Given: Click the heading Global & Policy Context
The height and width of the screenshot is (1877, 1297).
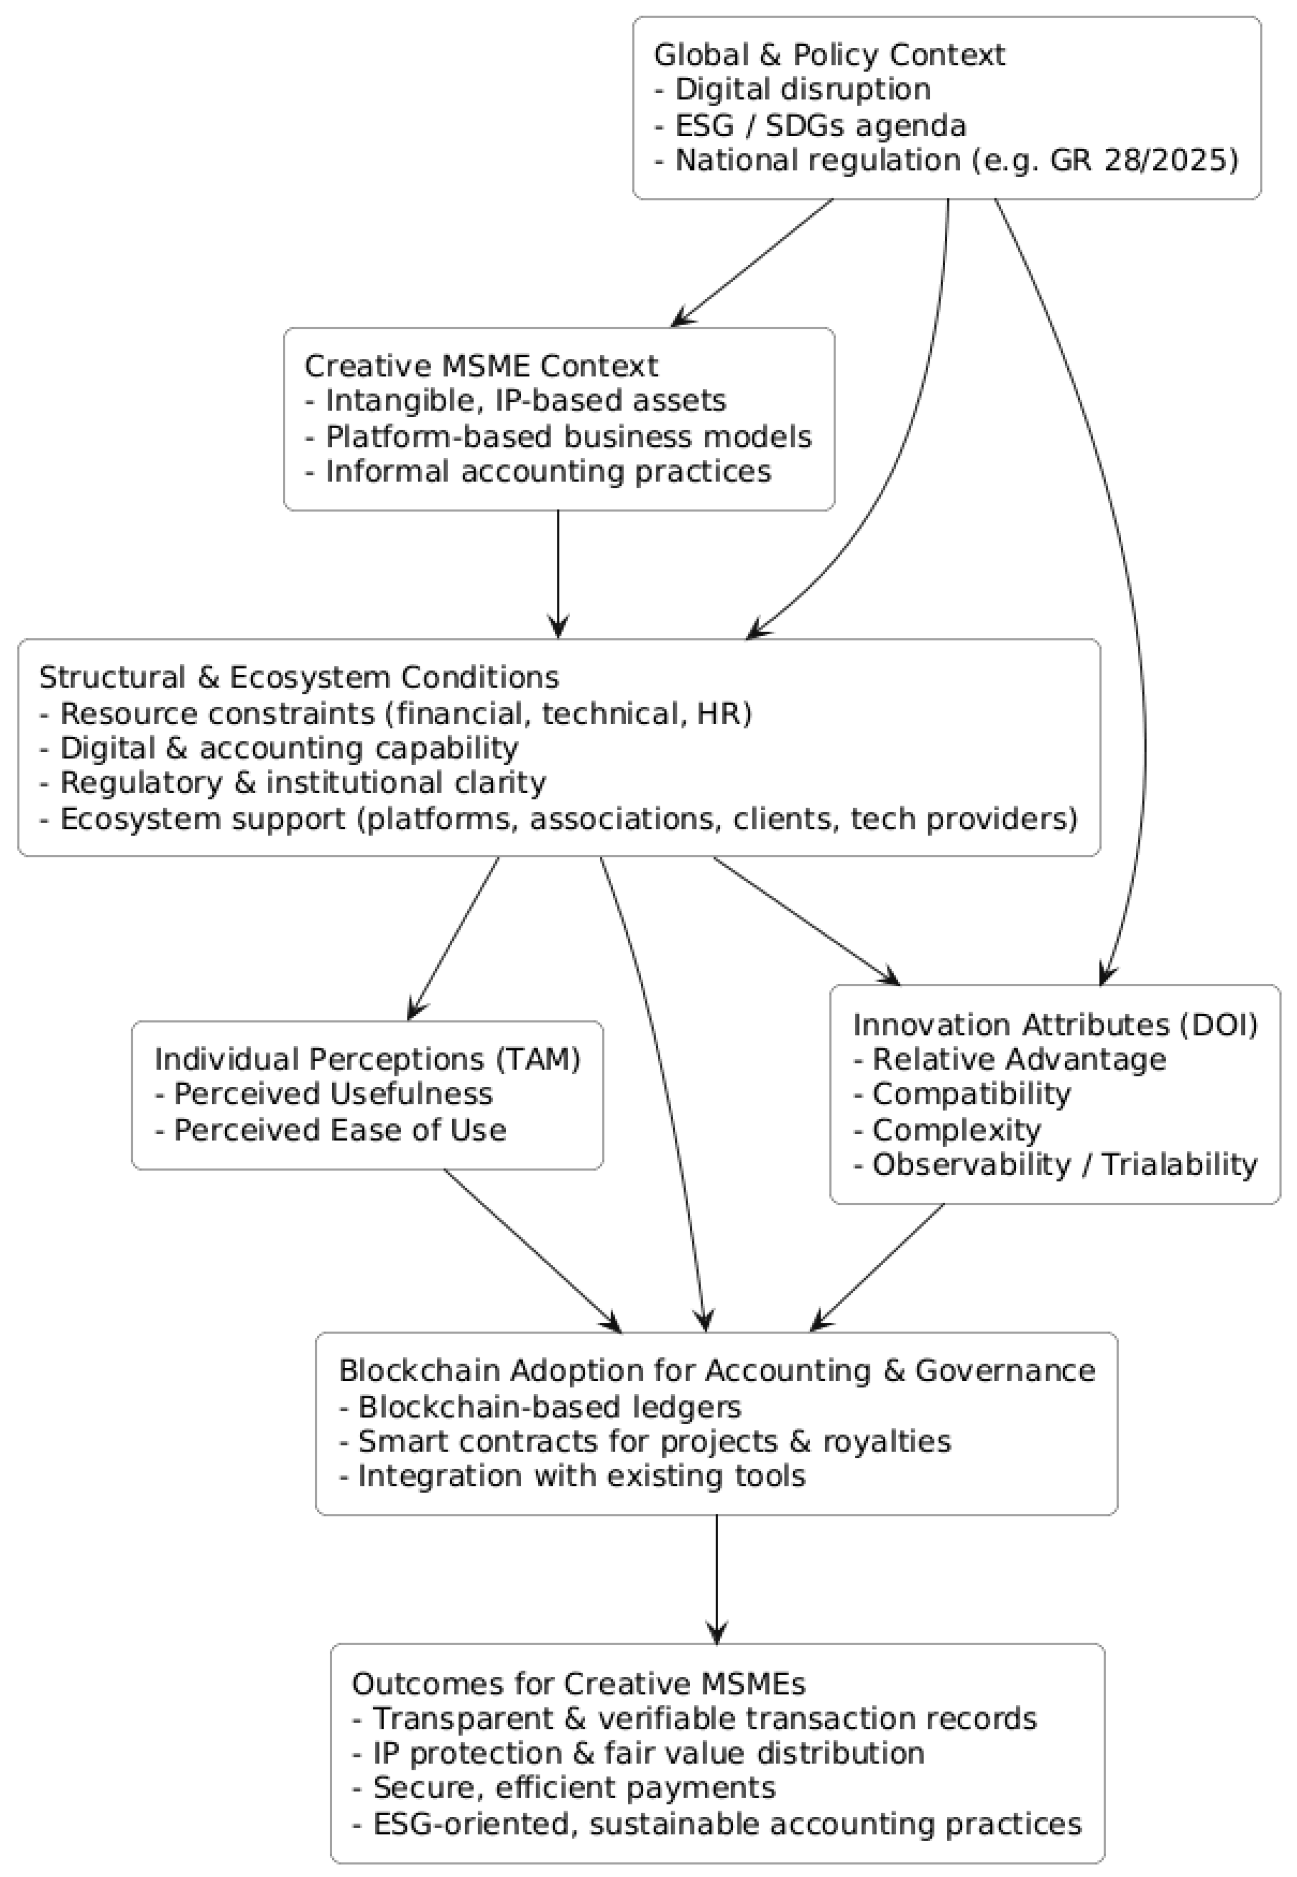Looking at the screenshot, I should (x=829, y=55).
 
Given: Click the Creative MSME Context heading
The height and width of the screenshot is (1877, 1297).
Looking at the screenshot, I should (x=481, y=366).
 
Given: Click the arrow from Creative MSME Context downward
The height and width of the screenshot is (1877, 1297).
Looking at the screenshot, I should (x=558, y=573).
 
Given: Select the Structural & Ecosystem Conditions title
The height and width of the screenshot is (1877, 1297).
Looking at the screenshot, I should (x=299, y=677).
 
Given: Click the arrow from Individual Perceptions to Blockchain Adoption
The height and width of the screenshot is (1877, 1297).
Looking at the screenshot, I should (x=532, y=1251).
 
